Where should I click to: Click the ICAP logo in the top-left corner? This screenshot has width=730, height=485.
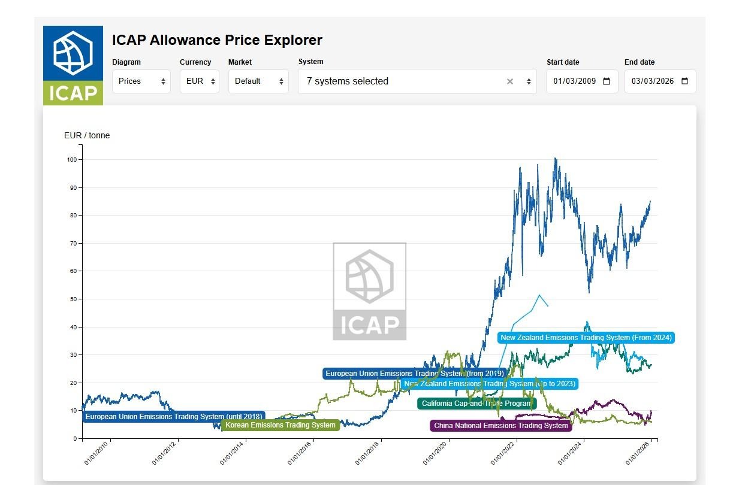tap(73, 65)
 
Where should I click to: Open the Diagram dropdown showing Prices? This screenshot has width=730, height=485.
tap(141, 81)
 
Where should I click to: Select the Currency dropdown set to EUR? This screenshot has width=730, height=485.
tap(199, 81)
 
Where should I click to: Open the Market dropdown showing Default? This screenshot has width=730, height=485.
tap(258, 81)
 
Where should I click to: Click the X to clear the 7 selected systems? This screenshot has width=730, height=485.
tap(510, 81)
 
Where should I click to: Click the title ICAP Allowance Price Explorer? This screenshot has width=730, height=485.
tap(217, 40)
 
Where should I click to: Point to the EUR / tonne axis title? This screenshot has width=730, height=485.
tap(87, 135)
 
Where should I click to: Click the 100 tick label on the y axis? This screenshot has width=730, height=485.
tap(72, 160)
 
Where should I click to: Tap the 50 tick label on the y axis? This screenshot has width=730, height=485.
tap(74, 299)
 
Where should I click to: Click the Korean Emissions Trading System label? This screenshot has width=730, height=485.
tap(280, 425)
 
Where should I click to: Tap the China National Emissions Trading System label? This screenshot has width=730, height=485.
tap(500, 426)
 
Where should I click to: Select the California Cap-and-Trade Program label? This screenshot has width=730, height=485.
tap(476, 404)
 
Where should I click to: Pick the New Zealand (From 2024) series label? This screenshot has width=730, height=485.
tap(586, 338)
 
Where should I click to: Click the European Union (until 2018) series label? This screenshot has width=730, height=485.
tap(173, 417)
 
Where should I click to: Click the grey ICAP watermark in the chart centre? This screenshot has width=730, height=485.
tap(369, 291)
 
